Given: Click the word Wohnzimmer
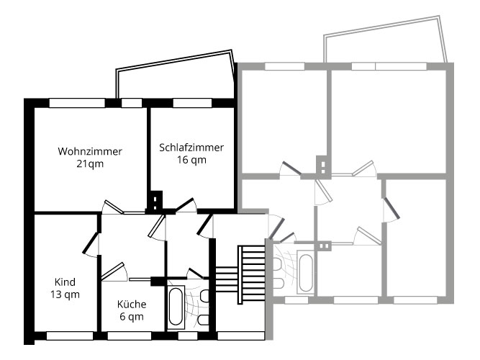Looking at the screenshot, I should pos(90,151).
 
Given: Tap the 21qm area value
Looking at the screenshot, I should pos(90,164).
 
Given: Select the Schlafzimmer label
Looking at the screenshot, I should pos(191,147).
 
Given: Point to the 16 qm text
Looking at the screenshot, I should pos(191,160).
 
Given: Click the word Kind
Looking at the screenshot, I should pos(65,282).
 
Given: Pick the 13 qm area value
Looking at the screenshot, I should pos(65,294).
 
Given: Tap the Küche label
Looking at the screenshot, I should pos(131,303).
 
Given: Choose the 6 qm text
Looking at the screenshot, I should pos(131,316).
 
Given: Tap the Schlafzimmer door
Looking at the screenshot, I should pos(184,205).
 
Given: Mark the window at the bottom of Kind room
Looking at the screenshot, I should pos(70,335).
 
